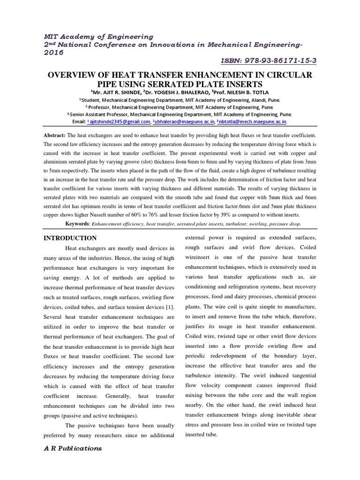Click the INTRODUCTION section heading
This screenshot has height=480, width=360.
coord(70,238)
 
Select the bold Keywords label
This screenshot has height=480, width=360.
coord(77,225)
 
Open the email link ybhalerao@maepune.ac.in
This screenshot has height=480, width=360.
coord(184,121)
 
